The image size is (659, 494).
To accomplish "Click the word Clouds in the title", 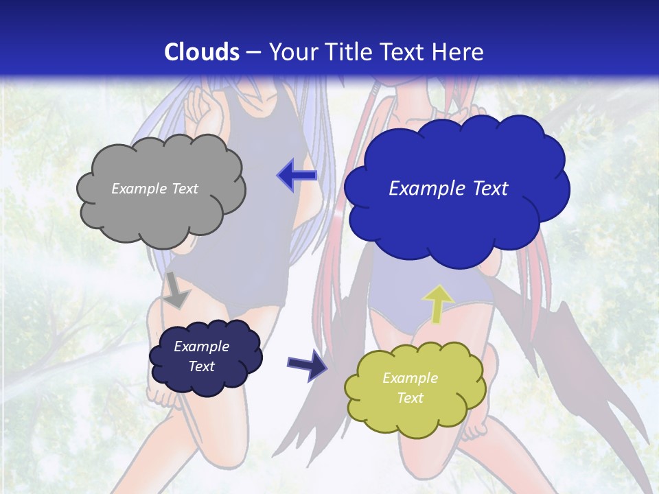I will pyautogui.click(x=202, y=52).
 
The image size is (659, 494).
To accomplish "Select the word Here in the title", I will pyautogui.click(x=460, y=52).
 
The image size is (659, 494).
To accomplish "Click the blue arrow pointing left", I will pyautogui.click(x=297, y=176).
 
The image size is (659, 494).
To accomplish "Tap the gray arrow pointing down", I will pyautogui.click(x=177, y=290).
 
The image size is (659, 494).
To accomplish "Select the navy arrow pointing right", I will pyautogui.click(x=307, y=363).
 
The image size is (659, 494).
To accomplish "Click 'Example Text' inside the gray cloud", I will pyautogui.click(x=154, y=189).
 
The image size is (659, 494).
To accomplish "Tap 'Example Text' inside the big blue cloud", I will pyautogui.click(x=448, y=189).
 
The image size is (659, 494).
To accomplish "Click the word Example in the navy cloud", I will pyautogui.click(x=201, y=346).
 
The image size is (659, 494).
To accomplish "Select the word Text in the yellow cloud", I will pyautogui.click(x=411, y=398).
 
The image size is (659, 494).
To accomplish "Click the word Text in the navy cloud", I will pyautogui.click(x=201, y=366).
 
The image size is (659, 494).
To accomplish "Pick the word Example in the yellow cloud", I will pyautogui.click(x=410, y=378).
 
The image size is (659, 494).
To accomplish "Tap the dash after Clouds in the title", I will pyautogui.click(x=253, y=53).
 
